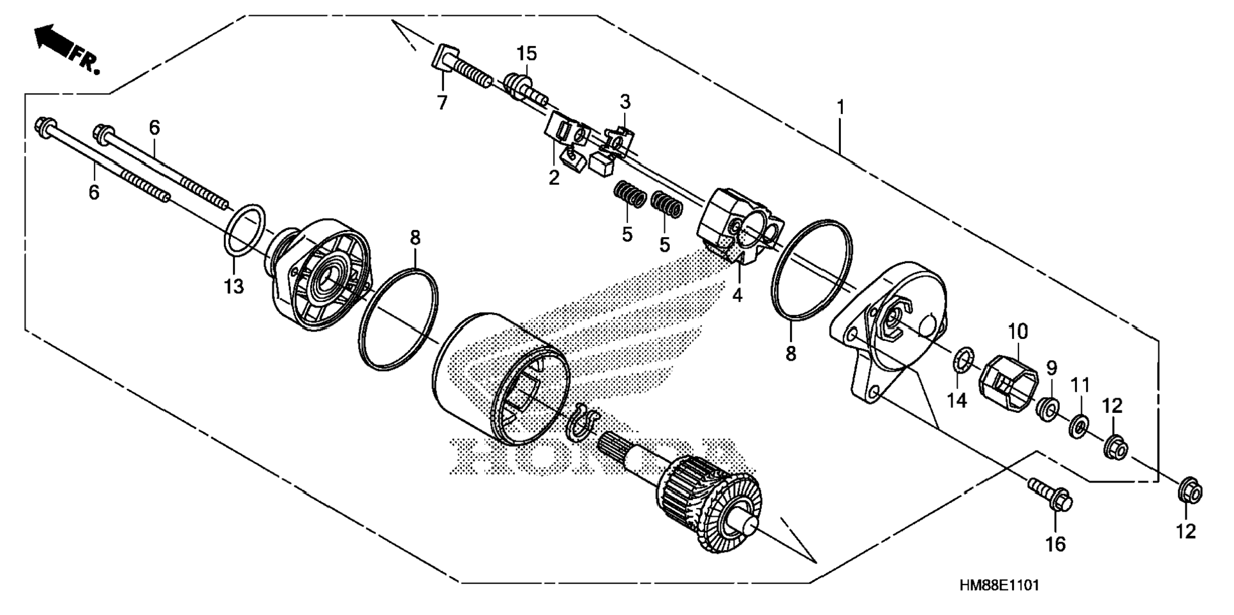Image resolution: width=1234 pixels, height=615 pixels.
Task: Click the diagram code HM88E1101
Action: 999,584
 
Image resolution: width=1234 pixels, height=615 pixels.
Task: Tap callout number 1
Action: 841,107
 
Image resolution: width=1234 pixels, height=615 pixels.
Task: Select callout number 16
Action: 1055,544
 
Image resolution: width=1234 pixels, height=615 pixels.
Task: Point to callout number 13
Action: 234,287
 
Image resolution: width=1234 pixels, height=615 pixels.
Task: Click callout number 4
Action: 738,295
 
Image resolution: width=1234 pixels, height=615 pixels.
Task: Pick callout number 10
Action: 1018,331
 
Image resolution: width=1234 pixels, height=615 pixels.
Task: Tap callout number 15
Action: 527,54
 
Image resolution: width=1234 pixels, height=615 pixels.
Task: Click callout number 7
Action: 442,102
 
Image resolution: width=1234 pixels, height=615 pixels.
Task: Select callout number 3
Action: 625,101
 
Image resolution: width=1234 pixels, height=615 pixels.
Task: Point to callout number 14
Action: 957,400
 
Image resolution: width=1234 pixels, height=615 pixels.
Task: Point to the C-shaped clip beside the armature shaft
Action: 584,421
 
